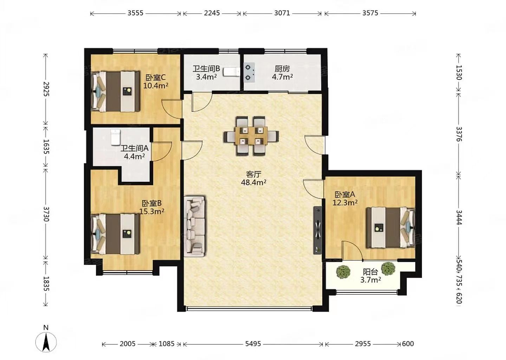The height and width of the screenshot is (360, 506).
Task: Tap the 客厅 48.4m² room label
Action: (x=254, y=178)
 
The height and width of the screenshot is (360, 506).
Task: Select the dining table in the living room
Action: (x=251, y=136)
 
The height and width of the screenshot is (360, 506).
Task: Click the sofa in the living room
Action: (x=195, y=226)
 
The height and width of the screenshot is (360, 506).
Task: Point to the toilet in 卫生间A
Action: (x=116, y=137)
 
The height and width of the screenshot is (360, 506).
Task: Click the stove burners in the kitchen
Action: (x=249, y=72)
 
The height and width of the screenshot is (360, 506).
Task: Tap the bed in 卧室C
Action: (x=115, y=91)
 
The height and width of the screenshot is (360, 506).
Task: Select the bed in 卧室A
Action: (x=391, y=227)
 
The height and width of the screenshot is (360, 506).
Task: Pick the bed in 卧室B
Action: (x=115, y=234)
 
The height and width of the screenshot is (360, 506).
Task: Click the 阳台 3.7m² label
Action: (x=370, y=276)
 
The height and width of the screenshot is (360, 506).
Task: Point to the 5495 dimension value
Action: (x=253, y=344)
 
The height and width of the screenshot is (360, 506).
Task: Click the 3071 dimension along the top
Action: (x=282, y=13)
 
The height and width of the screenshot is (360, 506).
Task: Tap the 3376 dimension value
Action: (x=459, y=134)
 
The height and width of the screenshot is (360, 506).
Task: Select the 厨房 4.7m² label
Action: (x=283, y=73)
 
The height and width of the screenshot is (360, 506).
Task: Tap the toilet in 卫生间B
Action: (x=232, y=72)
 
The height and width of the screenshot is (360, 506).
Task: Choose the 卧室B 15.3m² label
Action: (x=152, y=207)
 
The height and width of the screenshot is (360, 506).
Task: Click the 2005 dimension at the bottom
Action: (x=128, y=344)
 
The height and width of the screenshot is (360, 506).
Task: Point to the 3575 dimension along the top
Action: (x=370, y=13)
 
